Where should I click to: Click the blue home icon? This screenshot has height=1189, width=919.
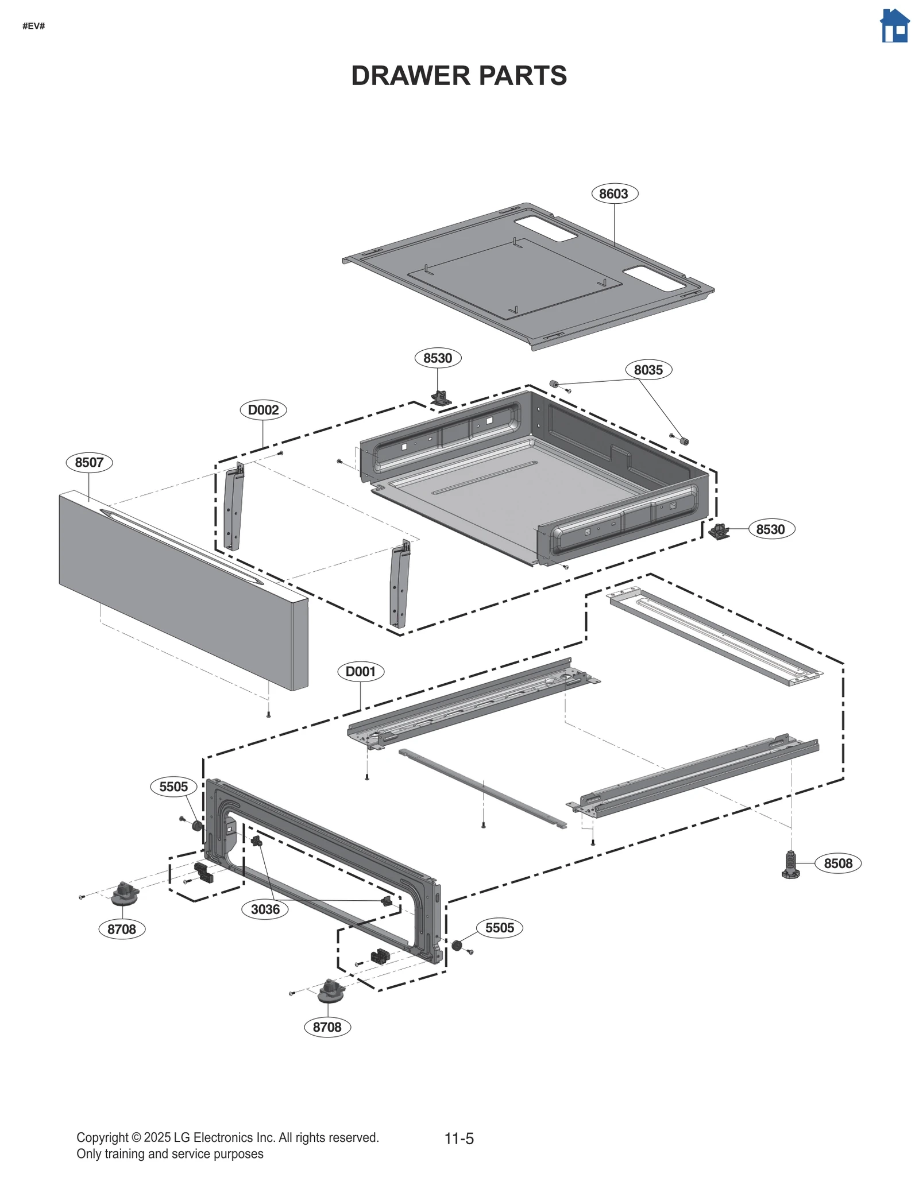click(x=894, y=26)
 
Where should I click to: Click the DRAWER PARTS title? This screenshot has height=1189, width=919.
click(x=459, y=76)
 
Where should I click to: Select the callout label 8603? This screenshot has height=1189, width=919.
click(x=614, y=193)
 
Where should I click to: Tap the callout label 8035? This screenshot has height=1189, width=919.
click(x=648, y=370)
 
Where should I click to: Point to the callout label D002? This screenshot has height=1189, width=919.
click(x=263, y=410)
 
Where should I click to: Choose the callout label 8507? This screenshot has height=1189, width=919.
click(x=89, y=462)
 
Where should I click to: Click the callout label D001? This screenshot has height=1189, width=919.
click(x=361, y=671)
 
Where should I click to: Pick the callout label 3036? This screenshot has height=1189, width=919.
click(x=265, y=909)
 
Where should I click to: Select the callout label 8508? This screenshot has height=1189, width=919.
click(x=837, y=863)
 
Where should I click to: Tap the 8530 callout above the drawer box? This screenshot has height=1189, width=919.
click(x=438, y=358)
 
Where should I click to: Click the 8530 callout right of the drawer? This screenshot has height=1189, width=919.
click(x=770, y=529)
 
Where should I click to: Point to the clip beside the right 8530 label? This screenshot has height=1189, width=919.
click(x=718, y=531)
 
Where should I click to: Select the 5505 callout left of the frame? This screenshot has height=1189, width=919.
click(x=173, y=787)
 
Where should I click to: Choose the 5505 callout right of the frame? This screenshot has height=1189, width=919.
click(x=499, y=928)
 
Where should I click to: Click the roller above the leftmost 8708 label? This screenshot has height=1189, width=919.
click(x=125, y=893)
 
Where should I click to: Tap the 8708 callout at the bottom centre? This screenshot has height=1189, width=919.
click(x=327, y=1027)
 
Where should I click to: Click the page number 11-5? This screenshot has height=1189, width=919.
click(x=459, y=1138)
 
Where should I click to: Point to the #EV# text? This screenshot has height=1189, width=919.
click(x=34, y=26)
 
